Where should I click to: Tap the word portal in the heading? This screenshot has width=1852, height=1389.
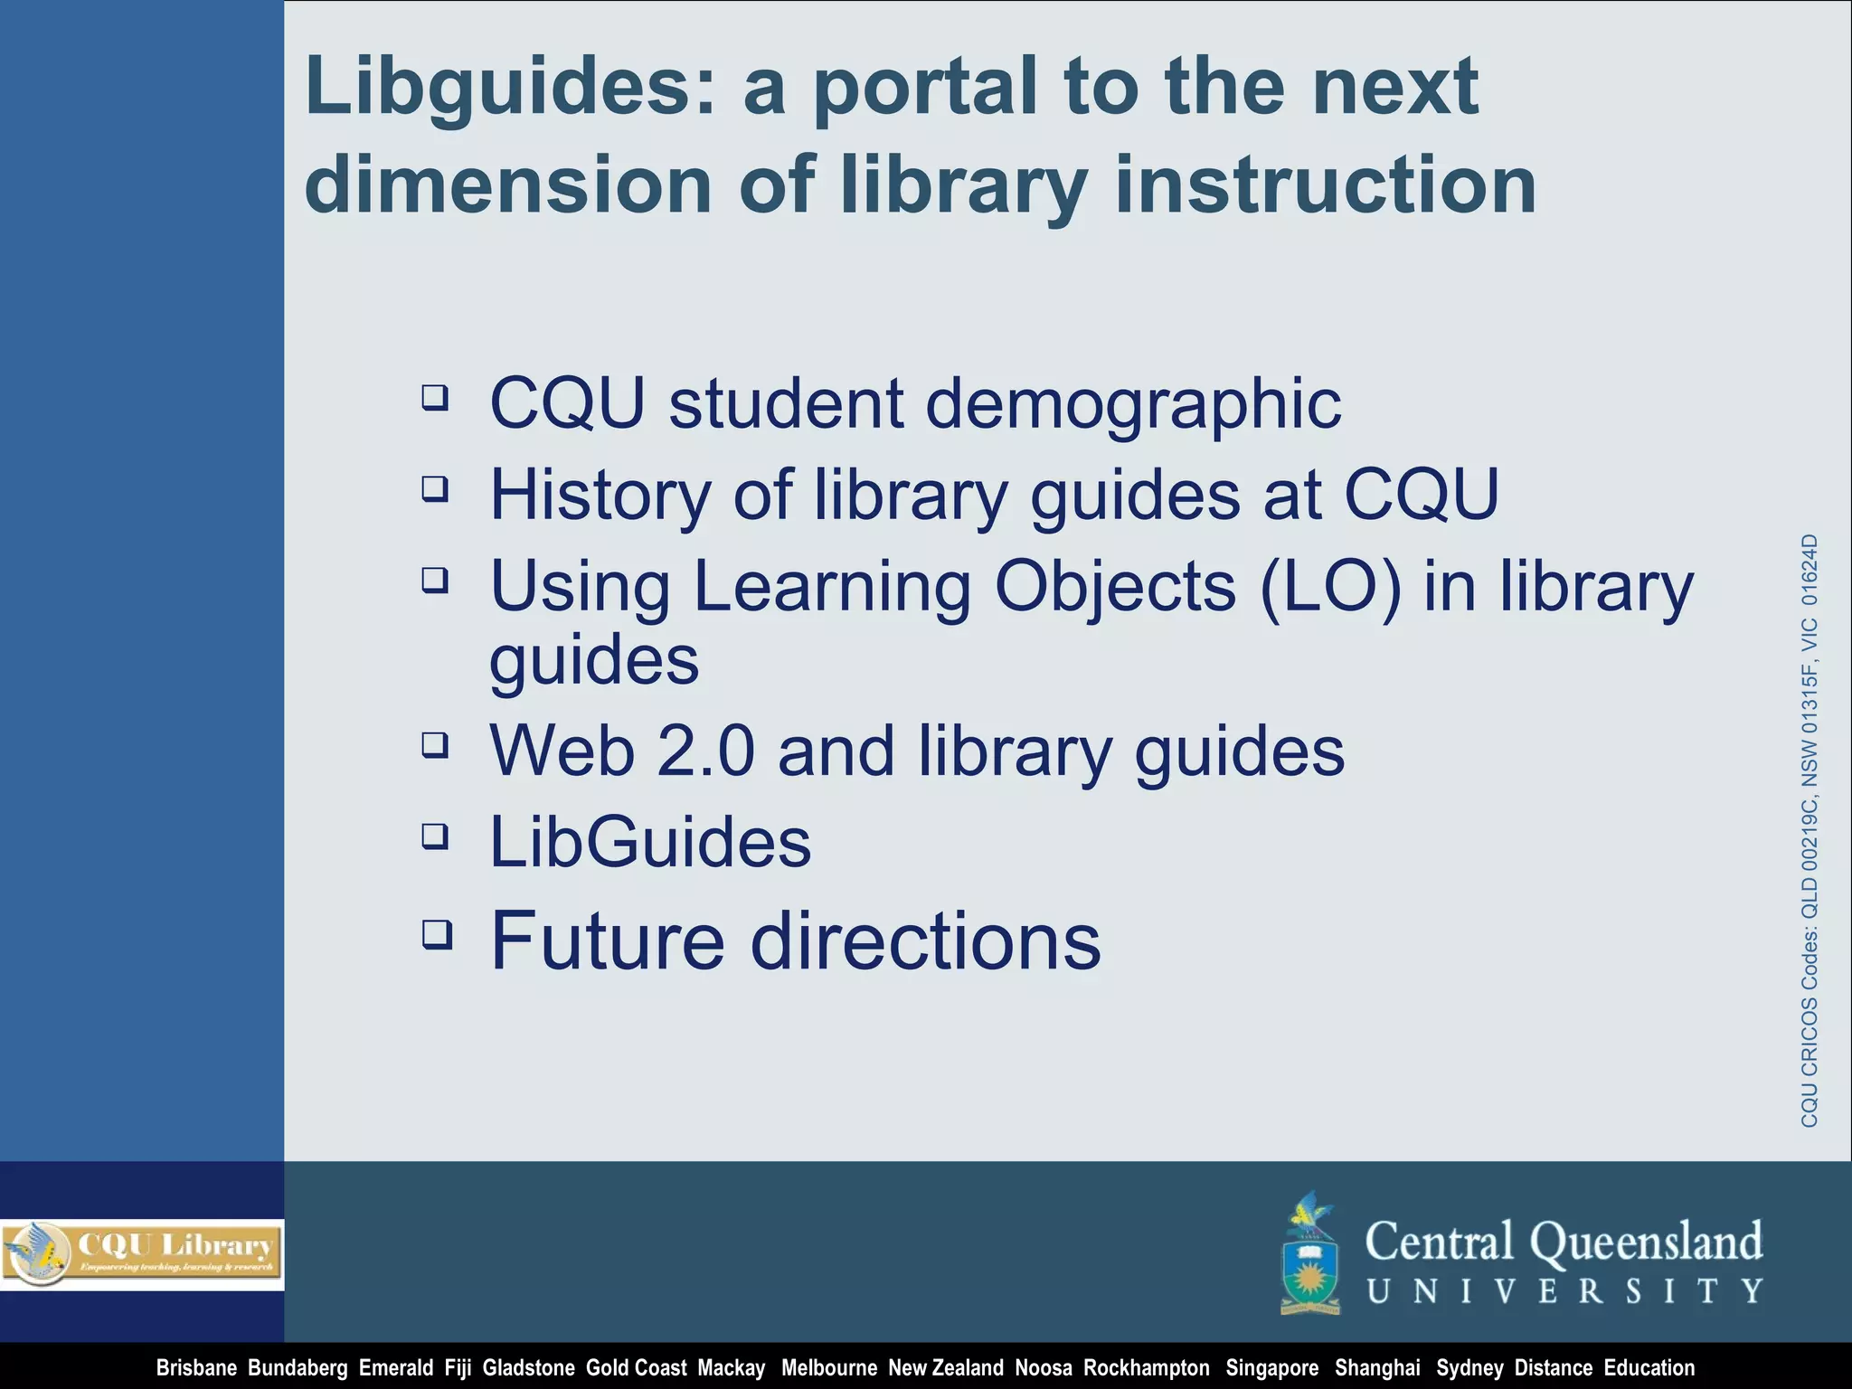coord(926,89)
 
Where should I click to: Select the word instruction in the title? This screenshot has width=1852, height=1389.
coord(1326,185)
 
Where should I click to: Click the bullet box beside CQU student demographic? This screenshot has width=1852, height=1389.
coord(435,397)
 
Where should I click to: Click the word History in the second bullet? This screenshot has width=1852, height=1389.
coord(600,496)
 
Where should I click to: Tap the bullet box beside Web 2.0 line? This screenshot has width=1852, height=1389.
coord(435,745)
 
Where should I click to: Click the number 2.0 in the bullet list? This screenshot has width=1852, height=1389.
coord(705,751)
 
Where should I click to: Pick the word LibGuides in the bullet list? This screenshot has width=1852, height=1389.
coord(650,842)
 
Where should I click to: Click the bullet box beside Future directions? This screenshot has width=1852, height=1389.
coord(437,933)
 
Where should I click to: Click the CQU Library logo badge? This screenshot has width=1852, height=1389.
coord(142,1253)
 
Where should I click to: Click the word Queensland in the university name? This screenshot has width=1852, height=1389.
coord(1646,1242)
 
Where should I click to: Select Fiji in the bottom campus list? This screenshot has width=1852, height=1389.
coord(458,1368)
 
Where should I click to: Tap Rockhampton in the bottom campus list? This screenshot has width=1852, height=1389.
coord(1146,1368)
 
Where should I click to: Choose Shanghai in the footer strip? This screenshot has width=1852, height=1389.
coord(1377,1368)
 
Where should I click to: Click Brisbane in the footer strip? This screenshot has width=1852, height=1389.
coord(196,1368)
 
